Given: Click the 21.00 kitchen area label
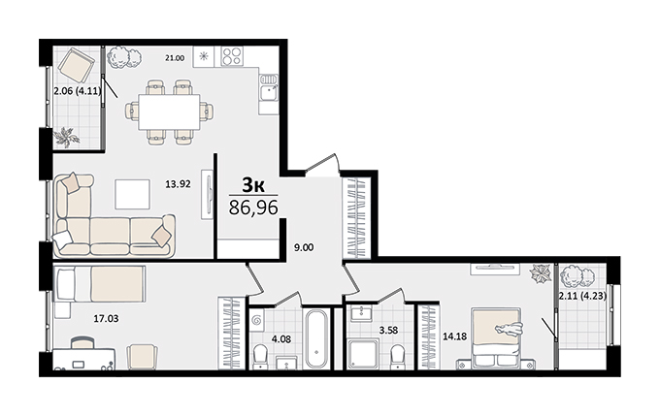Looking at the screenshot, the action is (x=175, y=58).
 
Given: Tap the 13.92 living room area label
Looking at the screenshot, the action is (x=178, y=184).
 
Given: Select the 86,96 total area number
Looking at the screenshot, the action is (x=253, y=208).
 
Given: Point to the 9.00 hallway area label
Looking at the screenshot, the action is (x=304, y=247).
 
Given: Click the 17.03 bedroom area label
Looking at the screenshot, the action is (x=106, y=319).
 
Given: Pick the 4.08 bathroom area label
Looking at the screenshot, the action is (x=281, y=338).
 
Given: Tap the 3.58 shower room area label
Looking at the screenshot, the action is (x=388, y=331).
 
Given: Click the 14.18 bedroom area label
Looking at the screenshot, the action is (x=454, y=336).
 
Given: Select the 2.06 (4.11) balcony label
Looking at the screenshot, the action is (x=78, y=89).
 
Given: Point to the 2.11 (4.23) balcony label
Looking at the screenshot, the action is (x=582, y=296).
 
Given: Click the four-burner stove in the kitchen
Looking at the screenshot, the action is (x=232, y=56).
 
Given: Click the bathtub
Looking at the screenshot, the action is (x=316, y=338).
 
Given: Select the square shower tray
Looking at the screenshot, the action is (x=363, y=355).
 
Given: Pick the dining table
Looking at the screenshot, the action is (x=168, y=112).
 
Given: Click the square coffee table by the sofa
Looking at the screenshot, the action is (x=133, y=194).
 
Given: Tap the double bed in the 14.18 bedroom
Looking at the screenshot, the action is (x=496, y=338).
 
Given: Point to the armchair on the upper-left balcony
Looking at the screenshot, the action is (x=77, y=67).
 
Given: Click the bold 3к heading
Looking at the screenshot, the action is (x=253, y=184).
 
